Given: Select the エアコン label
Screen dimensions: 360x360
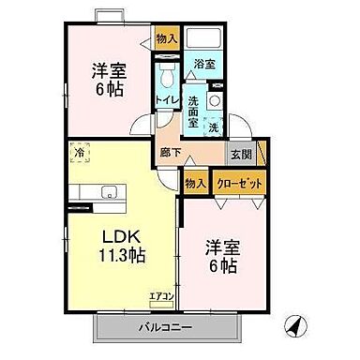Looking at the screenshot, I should click(161, 297).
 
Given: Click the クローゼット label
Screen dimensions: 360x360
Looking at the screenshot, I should click(238, 185).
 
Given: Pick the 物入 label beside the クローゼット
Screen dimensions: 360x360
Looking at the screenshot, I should click(196, 185).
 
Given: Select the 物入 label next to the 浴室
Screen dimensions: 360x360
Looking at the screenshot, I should click(167, 38).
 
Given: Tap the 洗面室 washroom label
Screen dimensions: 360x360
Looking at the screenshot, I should click(191, 112).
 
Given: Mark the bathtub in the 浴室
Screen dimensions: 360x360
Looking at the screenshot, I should click(203, 40).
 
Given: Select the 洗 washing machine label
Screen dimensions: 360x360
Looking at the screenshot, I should click(214, 127).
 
